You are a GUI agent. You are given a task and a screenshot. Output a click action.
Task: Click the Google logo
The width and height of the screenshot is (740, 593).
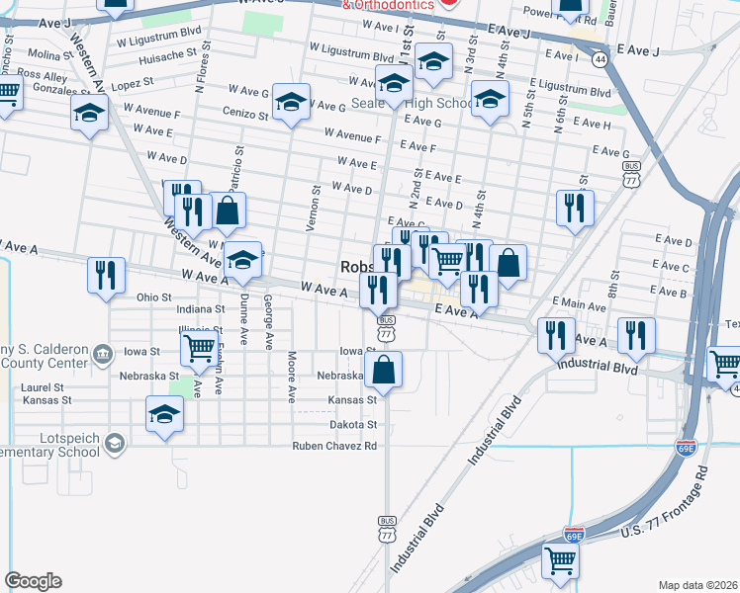33,581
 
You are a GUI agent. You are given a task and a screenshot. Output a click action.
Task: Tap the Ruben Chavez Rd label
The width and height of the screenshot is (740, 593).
334,446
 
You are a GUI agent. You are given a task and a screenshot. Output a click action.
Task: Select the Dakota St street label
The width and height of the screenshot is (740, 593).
353,424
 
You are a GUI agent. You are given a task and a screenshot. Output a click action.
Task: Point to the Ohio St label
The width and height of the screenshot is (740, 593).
153,296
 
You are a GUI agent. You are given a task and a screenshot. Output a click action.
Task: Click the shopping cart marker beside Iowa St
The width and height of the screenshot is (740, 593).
200,348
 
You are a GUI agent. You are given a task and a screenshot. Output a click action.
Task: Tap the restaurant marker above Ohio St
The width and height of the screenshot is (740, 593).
106,276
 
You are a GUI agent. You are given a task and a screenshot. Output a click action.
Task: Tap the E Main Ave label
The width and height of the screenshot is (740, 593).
579,301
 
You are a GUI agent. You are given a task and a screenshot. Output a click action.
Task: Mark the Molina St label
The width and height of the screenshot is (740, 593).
45,54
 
